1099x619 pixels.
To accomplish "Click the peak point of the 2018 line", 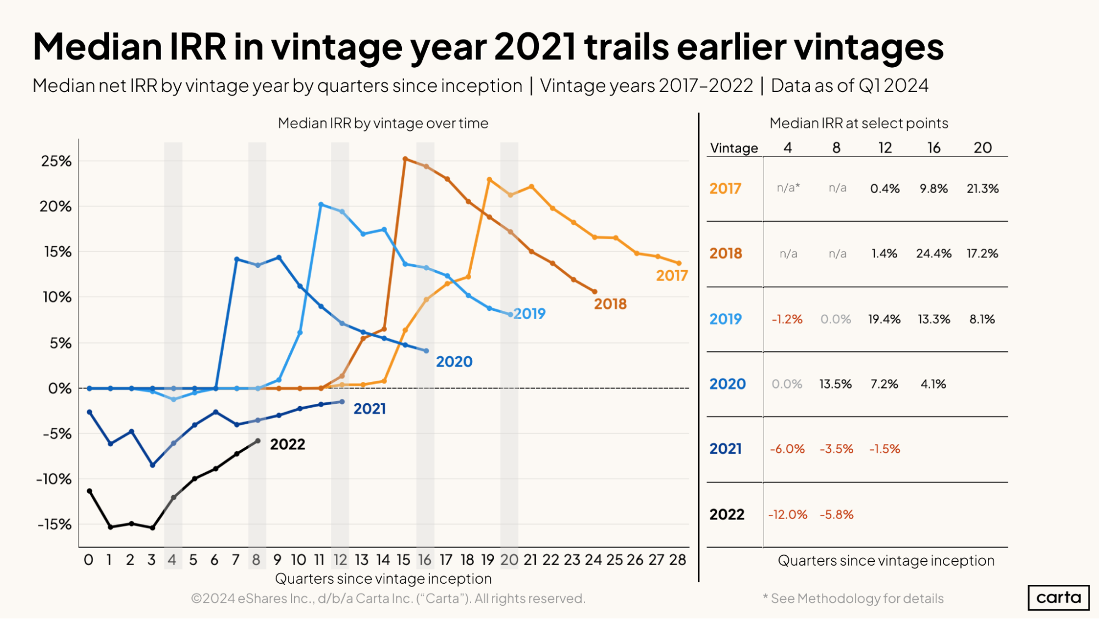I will pos(405,159).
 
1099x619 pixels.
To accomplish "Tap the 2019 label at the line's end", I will pos(529,314).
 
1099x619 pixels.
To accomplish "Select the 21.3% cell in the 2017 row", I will pos(982,189).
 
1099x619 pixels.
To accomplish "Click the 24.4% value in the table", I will pos(934,254).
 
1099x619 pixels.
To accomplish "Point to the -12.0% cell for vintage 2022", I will pos(787,514).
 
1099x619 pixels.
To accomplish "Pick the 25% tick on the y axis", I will pos(56,161).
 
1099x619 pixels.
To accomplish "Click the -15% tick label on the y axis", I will pos(54,524).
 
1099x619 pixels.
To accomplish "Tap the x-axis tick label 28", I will pos(677,560).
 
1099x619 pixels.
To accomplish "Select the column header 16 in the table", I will pos(934,147).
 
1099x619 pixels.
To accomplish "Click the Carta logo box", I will pos(1058,598).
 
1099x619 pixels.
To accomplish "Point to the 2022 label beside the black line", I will pos(288,444).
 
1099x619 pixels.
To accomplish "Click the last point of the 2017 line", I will pos(679,263).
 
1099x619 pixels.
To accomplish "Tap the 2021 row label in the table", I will pos(725,449).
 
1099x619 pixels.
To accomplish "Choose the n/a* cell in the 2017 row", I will pos(788,188).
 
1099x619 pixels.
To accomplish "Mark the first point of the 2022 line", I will pos(90,491).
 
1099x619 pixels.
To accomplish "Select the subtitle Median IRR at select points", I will pos(859,123).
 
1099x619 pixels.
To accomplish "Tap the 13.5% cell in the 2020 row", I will pos(835,384).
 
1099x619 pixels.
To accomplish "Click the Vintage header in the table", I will pos(733,148).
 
